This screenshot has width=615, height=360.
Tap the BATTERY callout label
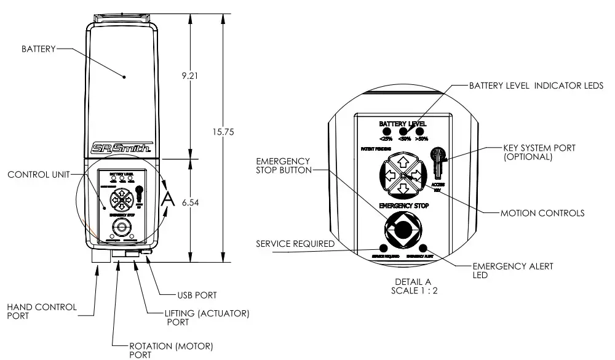pyautogui.click(x=39, y=48)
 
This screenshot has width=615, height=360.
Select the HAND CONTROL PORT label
pyautogui.click(x=42, y=311)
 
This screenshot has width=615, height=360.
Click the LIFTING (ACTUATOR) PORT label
pyautogui.click(x=207, y=319)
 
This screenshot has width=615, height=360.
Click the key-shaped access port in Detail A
pyautogui.click(x=438, y=161)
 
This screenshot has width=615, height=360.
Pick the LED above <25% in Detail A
pyautogui.click(x=387, y=131)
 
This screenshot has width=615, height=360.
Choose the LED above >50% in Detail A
pyautogui.click(x=421, y=131)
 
